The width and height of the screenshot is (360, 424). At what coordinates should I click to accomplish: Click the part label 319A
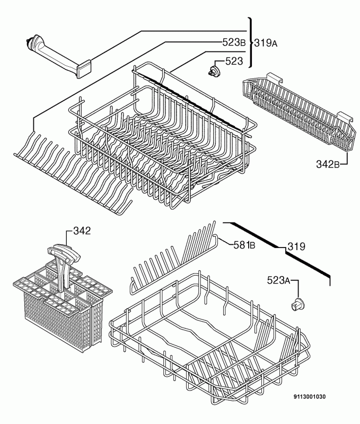266,43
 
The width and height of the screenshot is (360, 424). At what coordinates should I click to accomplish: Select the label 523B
234,42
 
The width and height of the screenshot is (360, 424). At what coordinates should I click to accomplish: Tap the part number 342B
328,164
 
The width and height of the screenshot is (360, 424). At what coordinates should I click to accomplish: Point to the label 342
82,231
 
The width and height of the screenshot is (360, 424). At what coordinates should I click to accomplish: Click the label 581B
244,245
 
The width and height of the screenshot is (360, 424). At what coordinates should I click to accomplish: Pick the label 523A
278,280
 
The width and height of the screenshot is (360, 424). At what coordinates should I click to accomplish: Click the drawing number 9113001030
310,396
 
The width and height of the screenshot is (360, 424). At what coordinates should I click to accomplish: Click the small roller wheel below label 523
215,71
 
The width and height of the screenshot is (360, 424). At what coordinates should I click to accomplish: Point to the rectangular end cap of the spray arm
84,69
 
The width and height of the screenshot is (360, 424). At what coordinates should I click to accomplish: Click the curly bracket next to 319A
251,42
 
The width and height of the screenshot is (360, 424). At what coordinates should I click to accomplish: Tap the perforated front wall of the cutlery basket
57,324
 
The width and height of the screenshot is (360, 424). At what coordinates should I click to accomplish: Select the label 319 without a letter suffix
296,246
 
